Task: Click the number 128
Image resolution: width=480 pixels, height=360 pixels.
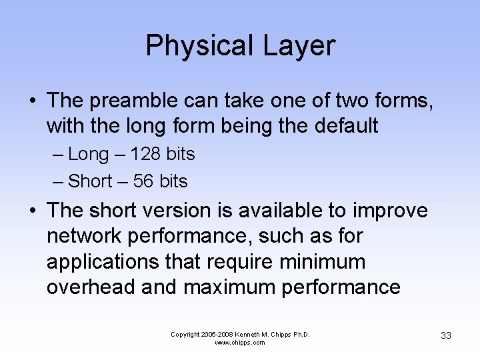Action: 146,154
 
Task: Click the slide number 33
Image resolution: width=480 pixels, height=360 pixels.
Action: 446,335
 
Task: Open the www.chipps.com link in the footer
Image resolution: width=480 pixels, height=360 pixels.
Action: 240,343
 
